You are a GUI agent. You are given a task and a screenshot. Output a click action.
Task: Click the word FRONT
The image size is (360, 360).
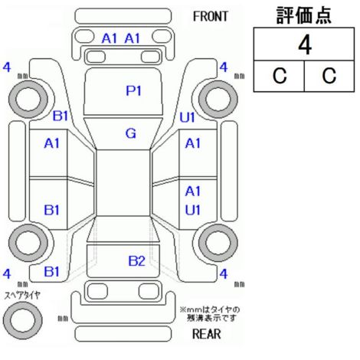point(210,17)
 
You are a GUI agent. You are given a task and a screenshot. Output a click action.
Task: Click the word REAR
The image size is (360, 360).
point(206,334)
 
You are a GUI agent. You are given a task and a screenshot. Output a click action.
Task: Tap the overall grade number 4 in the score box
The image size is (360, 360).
point(305,45)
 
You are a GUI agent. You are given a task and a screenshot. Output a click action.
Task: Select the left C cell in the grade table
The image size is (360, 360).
point(280,76)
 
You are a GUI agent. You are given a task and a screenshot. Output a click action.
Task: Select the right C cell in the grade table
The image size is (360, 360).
point(329,76)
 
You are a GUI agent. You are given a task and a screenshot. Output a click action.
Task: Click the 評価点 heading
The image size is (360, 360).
point(304,15)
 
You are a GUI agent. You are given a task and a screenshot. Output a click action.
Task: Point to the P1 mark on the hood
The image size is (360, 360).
point(133,90)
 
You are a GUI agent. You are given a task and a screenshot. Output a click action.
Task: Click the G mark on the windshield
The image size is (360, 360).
point(131,133)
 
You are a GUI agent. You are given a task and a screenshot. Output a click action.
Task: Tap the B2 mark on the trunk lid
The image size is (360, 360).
point(136,261)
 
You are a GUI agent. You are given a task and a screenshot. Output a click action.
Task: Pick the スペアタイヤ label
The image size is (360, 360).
point(22,296)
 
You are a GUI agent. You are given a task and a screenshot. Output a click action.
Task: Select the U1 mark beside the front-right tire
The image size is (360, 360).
point(188,118)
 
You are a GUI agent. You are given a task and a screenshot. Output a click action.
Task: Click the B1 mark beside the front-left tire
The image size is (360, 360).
point(61,116)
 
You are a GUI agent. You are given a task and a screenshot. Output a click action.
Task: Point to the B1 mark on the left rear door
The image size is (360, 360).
point(51,210)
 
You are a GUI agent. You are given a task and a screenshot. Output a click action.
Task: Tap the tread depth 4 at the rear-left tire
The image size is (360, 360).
point(7,274)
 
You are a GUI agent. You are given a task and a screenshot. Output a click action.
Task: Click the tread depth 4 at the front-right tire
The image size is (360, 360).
point(224,67)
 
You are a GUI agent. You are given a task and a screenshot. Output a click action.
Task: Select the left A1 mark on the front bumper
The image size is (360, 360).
point(110,38)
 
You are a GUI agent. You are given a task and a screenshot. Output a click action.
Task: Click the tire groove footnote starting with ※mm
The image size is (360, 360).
point(210,314)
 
